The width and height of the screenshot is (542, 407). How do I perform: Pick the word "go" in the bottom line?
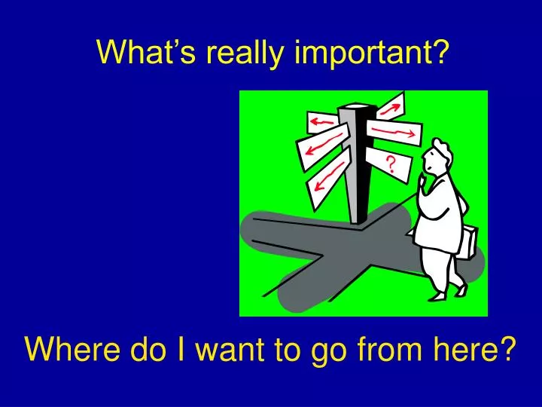(x=327, y=351)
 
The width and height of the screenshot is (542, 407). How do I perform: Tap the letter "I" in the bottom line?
(x=175, y=350)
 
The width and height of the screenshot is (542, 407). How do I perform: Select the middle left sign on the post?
(x=322, y=147)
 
